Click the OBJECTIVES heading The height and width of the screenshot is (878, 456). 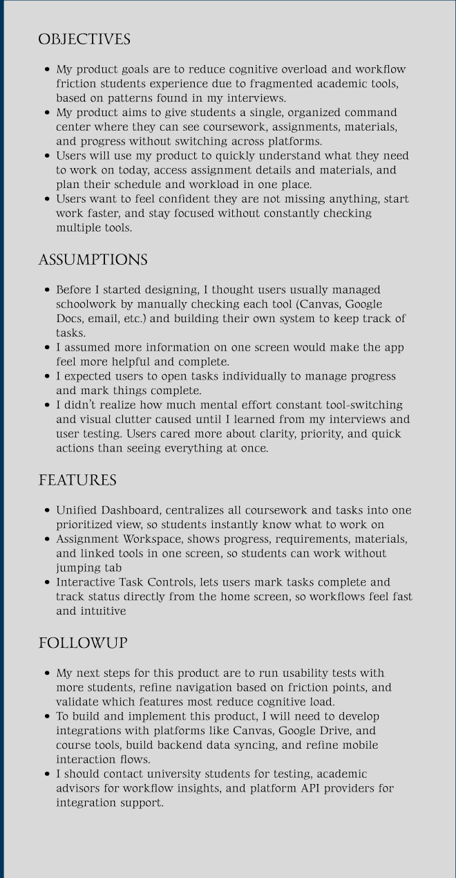coord(84,40)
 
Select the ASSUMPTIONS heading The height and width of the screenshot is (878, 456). coord(93,261)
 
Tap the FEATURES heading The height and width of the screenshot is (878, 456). coord(77,480)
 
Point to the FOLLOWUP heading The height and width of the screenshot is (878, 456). coord(83,644)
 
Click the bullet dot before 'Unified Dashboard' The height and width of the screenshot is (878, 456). coord(46,511)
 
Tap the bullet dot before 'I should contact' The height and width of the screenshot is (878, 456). coord(46,774)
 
